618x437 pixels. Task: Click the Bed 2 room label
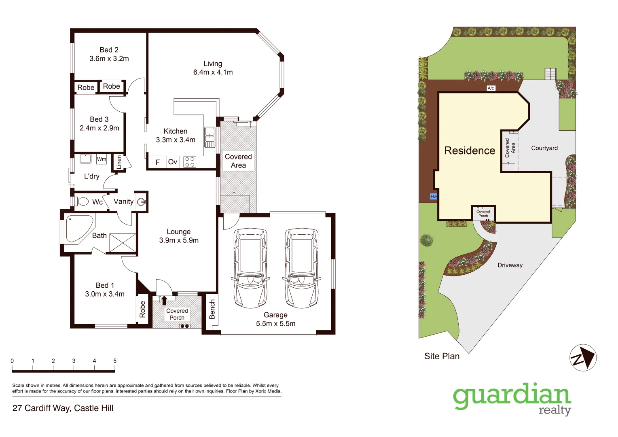point(109,50)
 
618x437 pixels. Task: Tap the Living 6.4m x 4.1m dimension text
point(213,72)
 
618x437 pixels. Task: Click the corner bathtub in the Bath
point(78,229)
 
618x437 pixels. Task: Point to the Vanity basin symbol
point(141,202)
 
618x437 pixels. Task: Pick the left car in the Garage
point(250,268)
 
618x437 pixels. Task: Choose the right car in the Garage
point(301,268)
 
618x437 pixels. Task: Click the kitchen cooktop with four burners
point(190,162)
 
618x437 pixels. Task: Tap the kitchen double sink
point(210,137)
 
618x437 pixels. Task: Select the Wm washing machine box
point(102,159)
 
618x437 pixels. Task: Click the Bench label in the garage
point(212,310)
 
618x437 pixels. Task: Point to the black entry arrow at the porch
point(164,300)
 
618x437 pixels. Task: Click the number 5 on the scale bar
point(115,361)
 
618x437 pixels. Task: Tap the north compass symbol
point(583,358)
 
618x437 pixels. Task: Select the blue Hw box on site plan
point(434,196)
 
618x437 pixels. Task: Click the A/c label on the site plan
point(491,88)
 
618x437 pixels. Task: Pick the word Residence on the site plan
point(470,151)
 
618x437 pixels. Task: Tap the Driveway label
point(510,265)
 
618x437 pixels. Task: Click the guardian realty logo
point(512,399)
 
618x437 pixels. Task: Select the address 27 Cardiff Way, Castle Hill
point(63,408)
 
